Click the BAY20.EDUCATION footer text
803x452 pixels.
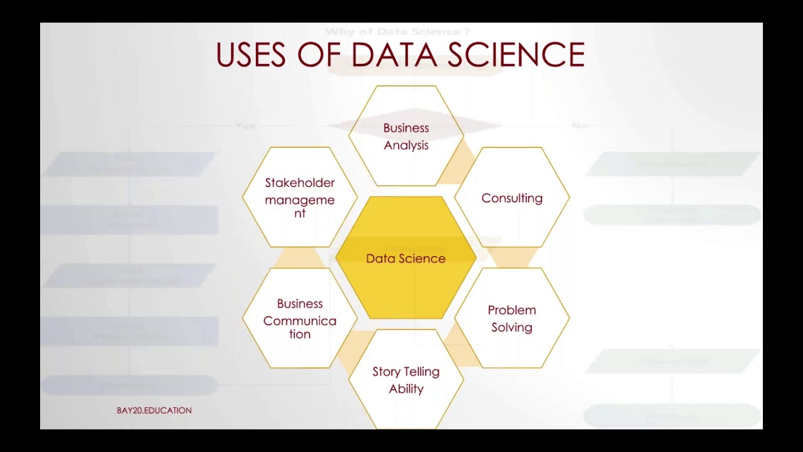pyautogui.click(x=154, y=411)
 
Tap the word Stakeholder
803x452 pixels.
pyautogui.click(x=300, y=183)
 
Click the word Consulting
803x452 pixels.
pyautogui.click(x=512, y=198)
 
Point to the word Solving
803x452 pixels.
pyautogui.click(x=512, y=328)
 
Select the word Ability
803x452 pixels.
pyautogui.click(x=406, y=389)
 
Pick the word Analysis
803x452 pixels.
pyautogui.click(x=406, y=146)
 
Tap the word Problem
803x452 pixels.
pyautogui.click(x=512, y=310)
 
